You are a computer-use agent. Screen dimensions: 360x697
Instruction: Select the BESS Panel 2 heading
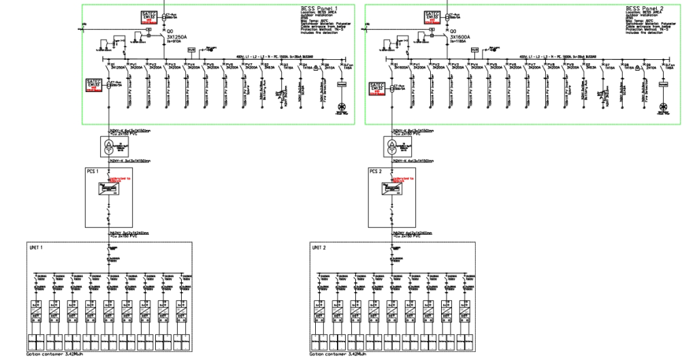[x=645, y=9]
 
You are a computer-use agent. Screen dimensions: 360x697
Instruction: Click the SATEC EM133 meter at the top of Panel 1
[x=149, y=17]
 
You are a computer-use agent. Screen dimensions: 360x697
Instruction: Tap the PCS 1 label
[x=93, y=171]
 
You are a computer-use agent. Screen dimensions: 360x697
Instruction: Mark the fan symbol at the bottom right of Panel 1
[x=343, y=106]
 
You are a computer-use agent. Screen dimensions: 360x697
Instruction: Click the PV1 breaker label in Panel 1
[x=134, y=65]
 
